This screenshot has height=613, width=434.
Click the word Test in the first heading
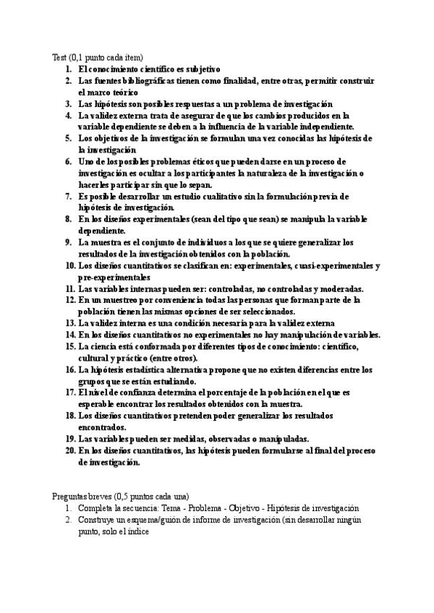click(x=60, y=57)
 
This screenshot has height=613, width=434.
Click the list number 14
click(x=70, y=335)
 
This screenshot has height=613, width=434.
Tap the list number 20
click(x=70, y=450)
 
